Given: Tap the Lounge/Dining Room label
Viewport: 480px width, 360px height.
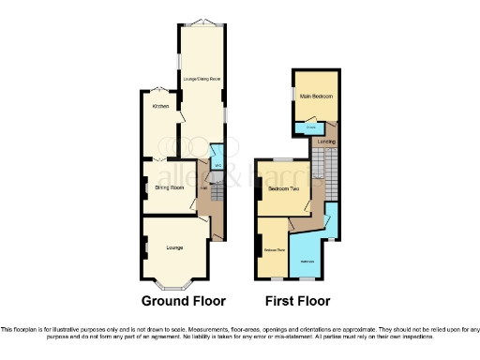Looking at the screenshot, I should click(x=202, y=79).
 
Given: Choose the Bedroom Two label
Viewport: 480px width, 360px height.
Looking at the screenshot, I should click(x=283, y=189).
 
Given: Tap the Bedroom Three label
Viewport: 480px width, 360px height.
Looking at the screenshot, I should click(x=274, y=250).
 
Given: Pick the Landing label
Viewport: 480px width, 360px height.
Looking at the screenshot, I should click(x=326, y=142).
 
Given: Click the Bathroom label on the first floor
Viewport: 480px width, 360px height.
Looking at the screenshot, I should click(x=307, y=260).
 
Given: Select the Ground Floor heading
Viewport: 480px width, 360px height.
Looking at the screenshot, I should click(x=184, y=301).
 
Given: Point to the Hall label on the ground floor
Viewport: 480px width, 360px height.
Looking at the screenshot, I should click(x=203, y=187).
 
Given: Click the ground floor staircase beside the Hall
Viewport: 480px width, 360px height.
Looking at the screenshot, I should click(x=215, y=191).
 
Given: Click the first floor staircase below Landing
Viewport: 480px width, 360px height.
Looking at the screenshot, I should click(x=319, y=170).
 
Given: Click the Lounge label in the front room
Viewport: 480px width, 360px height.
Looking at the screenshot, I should click(x=173, y=247).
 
